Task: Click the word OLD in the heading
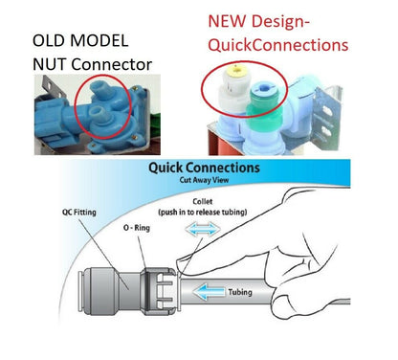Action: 48,40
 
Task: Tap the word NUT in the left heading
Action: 49,64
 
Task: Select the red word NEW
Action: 227,21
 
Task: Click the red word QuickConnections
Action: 277,45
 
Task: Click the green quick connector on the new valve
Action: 263,102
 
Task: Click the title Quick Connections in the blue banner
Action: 204,168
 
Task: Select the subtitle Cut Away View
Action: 204,180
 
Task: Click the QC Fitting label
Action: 79,212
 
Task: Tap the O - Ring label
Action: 137,228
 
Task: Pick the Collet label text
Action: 203,202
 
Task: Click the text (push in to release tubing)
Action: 203,213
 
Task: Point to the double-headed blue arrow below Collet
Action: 203,229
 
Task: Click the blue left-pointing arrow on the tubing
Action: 209,293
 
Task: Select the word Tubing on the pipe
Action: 240,292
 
